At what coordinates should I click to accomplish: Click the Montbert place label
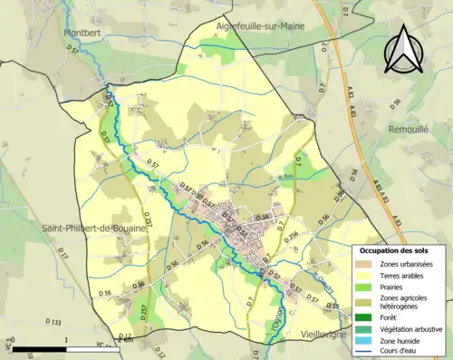click(81, 33)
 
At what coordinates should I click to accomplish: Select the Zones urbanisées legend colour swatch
click(366, 264)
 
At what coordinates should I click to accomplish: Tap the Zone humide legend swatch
click(366, 341)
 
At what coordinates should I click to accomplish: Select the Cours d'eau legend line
click(366, 352)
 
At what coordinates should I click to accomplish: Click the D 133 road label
click(53, 322)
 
